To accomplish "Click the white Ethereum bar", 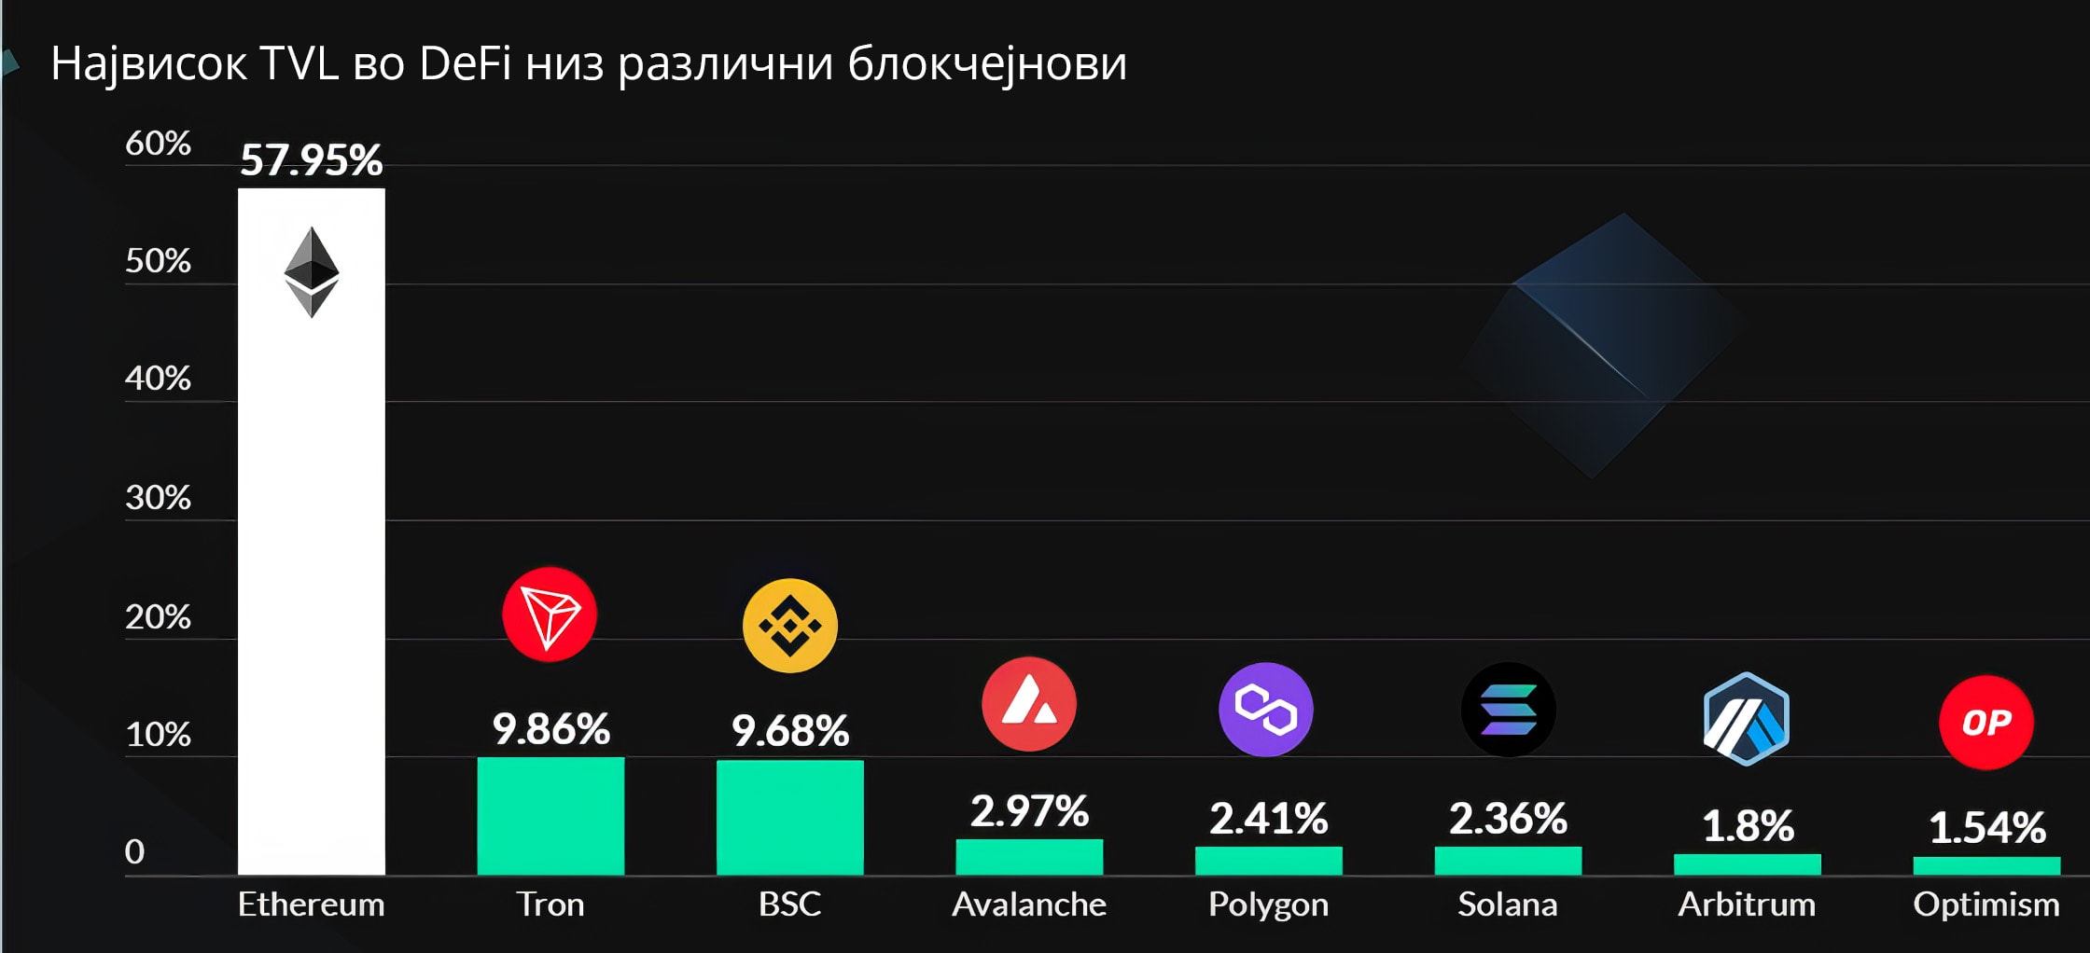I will pyautogui.click(x=311, y=559).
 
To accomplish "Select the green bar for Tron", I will pyautogui.click(x=550, y=816).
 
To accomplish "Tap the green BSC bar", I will pyautogui.click(x=789, y=818).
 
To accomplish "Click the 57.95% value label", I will pyautogui.click(x=311, y=159).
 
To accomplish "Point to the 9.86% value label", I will pyautogui.click(x=550, y=728).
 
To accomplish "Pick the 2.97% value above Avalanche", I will pyautogui.click(x=1029, y=810).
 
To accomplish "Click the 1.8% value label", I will pyautogui.click(x=1748, y=825).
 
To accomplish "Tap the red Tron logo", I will pyautogui.click(x=550, y=615).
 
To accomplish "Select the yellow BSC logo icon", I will pyautogui.click(x=789, y=626).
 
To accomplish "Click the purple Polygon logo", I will pyautogui.click(x=1266, y=710).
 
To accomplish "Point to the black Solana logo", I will pyautogui.click(x=1508, y=710).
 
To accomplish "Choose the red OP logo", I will pyautogui.click(x=1986, y=723).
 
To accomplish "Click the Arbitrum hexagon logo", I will pyautogui.click(x=1747, y=719).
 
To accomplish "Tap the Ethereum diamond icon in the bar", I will pyautogui.click(x=311, y=271).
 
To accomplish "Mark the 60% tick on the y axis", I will pyautogui.click(x=158, y=144).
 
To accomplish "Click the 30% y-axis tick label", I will pyautogui.click(x=158, y=498).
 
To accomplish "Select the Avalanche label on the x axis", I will pyautogui.click(x=1029, y=905).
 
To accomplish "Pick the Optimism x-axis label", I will pyautogui.click(x=1986, y=905).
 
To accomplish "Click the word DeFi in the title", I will pyautogui.click(x=466, y=64).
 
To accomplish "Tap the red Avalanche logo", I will pyautogui.click(x=1028, y=704).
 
